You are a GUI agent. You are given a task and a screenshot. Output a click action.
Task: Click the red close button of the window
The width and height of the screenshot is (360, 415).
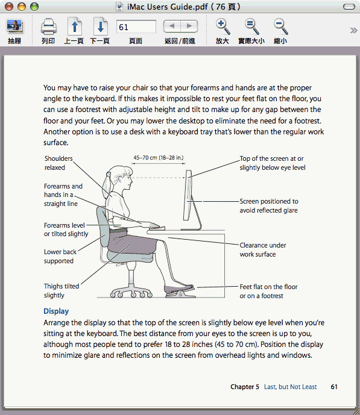(x=9, y=7)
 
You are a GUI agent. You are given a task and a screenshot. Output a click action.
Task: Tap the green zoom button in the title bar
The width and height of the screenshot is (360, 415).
(x=34, y=7)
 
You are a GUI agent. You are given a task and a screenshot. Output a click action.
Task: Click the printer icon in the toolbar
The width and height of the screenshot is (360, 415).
(x=48, y=27)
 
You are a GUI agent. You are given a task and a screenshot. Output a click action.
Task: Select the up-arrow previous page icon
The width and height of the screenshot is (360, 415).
(x=74, y=27)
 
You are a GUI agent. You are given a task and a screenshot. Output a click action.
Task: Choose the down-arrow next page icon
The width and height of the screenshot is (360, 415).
(x=100, y=27)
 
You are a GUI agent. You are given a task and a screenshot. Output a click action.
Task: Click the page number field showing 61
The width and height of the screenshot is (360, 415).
(x=136, y=27)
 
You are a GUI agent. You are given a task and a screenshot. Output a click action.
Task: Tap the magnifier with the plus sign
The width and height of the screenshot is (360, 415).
(x=223, y=27)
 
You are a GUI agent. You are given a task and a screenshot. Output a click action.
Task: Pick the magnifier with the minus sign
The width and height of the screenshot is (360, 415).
(x=280, y=27)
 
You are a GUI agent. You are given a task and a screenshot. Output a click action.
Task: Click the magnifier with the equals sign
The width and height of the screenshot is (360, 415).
(x=251, y=27)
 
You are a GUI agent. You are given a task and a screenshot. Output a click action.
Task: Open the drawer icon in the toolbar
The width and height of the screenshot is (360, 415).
(x=15, y=27)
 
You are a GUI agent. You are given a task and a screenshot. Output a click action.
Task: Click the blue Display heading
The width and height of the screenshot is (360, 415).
(x=56, y=311)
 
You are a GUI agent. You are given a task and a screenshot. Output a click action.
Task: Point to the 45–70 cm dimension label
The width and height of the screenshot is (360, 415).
(x=159, y=158)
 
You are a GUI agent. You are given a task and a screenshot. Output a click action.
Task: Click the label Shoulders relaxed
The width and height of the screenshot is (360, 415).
(x=58, y=163)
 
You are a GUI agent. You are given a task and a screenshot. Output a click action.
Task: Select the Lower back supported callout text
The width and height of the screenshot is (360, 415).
(x=60, y=256)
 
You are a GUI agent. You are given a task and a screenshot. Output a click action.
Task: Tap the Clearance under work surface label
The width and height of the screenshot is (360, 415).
(x=263, y=249)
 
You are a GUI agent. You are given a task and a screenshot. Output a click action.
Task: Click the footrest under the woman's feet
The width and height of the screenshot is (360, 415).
(x=180, y=293)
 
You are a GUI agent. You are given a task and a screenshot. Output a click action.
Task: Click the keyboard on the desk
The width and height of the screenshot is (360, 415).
(x=157, y=228)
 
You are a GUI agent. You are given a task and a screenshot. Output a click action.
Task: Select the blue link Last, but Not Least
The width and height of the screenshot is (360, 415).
(x=290, y=387)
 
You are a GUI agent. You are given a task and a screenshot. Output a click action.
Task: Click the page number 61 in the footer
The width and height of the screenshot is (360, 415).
(x=334, y=387)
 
